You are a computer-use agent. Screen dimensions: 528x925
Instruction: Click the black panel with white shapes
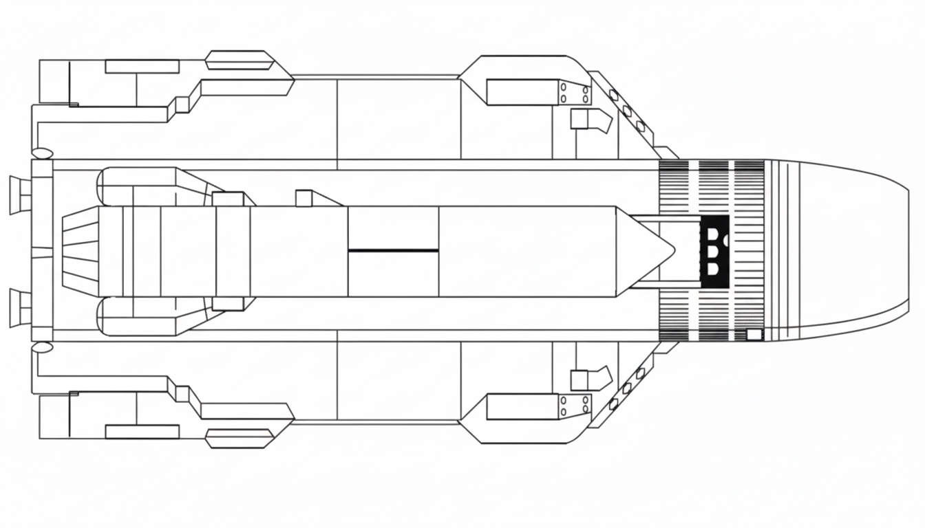point(714,251)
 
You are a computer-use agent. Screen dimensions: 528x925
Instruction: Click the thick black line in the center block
point(393,250)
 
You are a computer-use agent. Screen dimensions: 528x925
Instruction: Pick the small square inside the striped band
point(755,335)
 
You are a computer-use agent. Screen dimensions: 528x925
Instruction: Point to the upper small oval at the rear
point(43,153)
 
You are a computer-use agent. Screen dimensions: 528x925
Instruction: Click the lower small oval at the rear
point(43,348)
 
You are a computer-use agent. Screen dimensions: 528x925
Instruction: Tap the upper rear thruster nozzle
point(20,195)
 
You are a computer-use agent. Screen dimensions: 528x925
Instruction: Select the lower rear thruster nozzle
point(20,308)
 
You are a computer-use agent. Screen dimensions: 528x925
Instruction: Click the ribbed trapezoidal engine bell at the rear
point(81,252)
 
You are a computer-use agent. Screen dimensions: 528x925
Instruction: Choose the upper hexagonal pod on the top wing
point(240,60)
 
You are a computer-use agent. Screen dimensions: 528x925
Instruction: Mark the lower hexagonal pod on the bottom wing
point(240,438)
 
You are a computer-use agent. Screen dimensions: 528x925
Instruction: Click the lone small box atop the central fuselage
point(304,198)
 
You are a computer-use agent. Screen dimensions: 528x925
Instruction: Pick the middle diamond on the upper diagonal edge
point(627,111)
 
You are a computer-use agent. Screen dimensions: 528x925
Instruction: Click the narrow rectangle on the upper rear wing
point(142,67)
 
